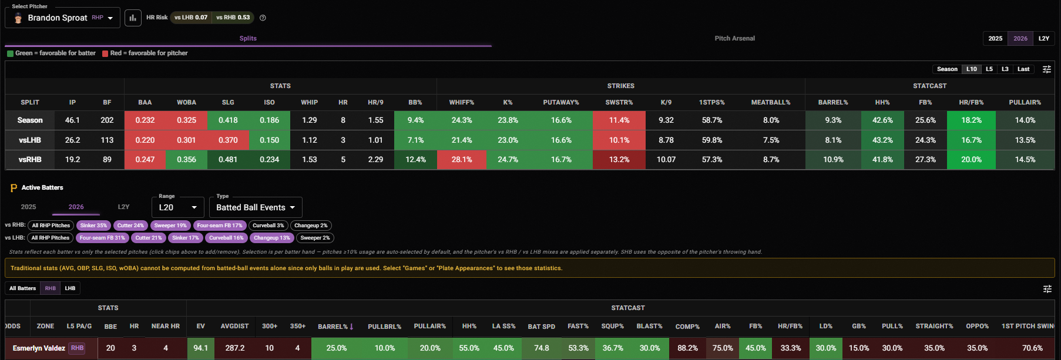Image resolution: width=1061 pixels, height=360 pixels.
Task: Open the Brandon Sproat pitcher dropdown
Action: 63,18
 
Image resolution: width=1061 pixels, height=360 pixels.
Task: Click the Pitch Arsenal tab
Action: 734,38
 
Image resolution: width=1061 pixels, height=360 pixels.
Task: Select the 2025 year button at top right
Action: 995,38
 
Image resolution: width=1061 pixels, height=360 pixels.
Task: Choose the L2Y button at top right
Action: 1044,38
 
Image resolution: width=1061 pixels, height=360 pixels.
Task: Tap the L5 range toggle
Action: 989,69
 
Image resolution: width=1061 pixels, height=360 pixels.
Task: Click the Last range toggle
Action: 1023,69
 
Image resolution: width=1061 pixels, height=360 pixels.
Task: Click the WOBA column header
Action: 186,102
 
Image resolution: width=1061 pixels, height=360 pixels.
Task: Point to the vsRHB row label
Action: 30,159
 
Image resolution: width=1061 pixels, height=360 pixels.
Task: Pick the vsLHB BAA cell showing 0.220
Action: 145,140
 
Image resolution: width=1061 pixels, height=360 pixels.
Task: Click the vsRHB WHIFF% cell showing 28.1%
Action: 462,159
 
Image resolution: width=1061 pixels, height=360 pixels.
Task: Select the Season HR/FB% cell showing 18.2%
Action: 971,120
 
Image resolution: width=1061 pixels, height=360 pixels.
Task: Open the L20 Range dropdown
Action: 178,207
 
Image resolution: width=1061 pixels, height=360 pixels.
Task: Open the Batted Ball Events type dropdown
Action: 256,207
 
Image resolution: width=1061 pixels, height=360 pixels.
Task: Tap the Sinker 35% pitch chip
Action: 93,226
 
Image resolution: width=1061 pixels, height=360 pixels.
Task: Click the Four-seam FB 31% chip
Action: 102,238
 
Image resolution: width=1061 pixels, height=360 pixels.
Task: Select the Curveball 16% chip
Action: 226,238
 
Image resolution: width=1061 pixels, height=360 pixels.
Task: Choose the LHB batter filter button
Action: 70,288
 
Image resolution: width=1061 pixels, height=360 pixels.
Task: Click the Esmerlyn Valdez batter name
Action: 39,348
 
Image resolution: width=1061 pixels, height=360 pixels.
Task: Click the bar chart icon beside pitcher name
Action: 133,18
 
